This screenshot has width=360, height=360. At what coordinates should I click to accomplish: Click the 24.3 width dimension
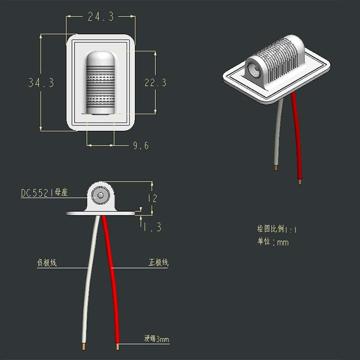pos(100,17)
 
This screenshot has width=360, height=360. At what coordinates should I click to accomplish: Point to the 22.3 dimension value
pos(155,82)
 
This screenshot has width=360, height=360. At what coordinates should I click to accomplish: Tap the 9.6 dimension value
pos(140,146)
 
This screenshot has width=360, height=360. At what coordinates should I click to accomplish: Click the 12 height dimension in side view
pos(152,198)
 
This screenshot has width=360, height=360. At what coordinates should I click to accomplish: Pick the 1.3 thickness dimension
pos(152,227)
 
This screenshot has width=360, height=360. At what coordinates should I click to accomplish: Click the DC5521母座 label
pos(44,193)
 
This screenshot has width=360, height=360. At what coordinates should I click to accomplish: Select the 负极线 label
pos(47,263)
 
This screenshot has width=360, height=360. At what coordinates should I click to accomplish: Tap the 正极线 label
pos(158,263)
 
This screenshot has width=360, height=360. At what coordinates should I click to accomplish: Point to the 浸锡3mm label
pos(156,339)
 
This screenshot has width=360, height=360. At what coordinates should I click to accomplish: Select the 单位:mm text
pos(273,242)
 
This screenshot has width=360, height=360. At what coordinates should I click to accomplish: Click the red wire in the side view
pos(113,278)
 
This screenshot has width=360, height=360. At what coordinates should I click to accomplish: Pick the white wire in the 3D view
pos(277,134)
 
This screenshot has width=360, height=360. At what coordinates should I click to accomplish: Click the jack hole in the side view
pos(101,195)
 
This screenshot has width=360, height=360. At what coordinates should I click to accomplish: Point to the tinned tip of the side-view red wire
pos(118,346)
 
